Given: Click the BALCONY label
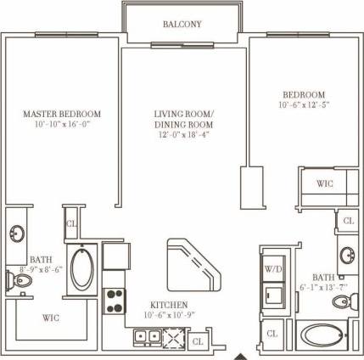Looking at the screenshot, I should pos(182,25).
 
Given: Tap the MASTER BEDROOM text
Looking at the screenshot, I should pos(62,113).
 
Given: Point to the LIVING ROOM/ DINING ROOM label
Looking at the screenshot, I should pos(184,118).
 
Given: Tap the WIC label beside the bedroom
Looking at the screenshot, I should pos(324,183).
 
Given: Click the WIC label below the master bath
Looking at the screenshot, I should pos(50,319).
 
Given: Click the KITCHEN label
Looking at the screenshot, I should pos(169,304).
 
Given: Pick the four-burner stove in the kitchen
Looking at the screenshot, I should pos(115,301).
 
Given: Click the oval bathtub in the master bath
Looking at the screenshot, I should pos(83,268).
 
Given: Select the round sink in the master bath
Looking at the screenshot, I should pos(18,233).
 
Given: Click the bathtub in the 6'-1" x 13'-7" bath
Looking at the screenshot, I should pos(322,335).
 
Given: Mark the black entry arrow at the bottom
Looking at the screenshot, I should pos(243,355).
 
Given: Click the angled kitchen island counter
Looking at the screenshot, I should pos(193,264).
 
